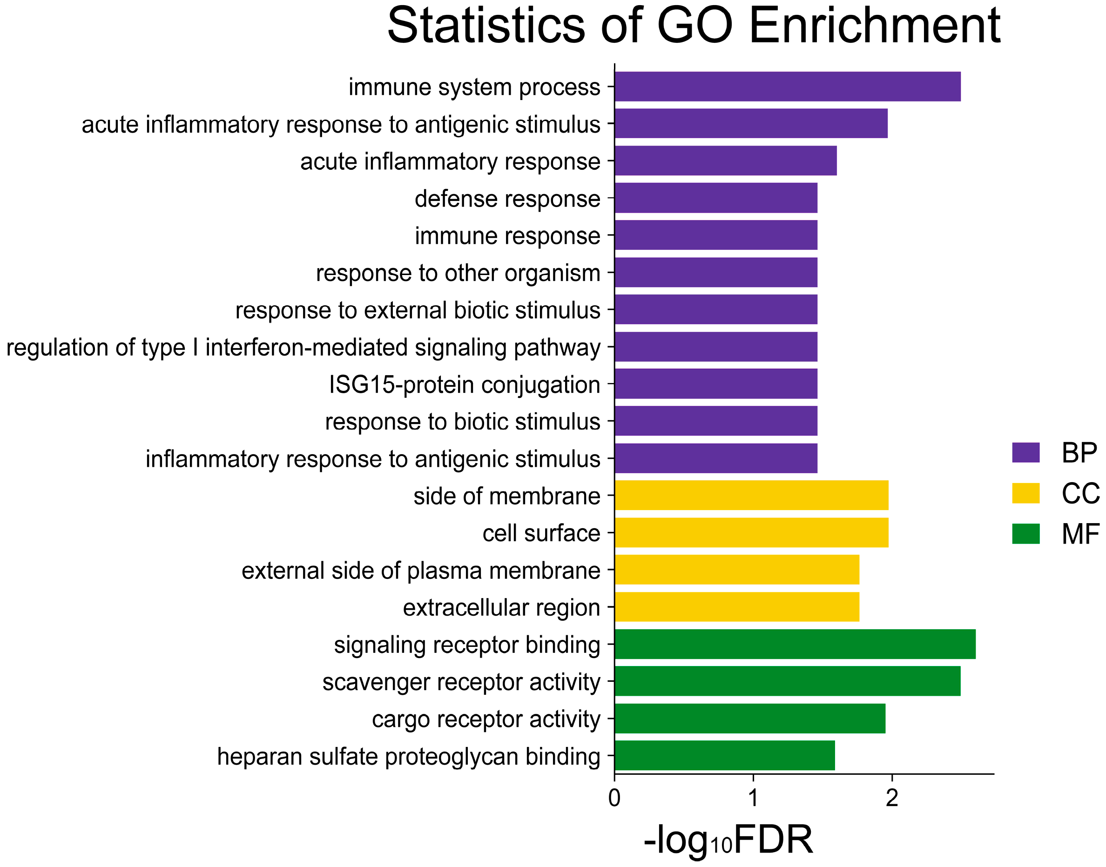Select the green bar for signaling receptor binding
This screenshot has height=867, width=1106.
tap(795, 644)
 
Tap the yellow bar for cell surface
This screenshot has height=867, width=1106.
tap(752, 532)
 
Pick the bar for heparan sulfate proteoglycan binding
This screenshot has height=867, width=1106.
tap(725, 755)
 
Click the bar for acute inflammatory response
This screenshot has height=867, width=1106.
tap(725, 161)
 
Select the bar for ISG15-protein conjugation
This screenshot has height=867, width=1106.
tap(716, 384)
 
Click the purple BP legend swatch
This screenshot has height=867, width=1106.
tap(1026, 452)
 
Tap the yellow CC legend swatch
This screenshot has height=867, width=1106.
tap(1026, 493)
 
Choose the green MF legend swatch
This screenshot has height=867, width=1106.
tap(1026, 533)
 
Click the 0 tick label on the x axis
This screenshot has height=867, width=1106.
tap(614, 799)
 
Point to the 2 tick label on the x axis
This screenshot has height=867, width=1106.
tap(892, 799)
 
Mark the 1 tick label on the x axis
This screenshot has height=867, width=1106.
tap(753, 799)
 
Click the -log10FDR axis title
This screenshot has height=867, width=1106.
tap(728, 840)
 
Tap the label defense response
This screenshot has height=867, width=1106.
tap(507, 198)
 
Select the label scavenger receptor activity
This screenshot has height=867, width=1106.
tap(461, 682)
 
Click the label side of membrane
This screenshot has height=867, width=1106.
tap(506, 496)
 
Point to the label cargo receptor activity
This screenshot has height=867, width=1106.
tap(486, 719)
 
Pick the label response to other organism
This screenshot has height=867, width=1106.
tap(458, 273)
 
